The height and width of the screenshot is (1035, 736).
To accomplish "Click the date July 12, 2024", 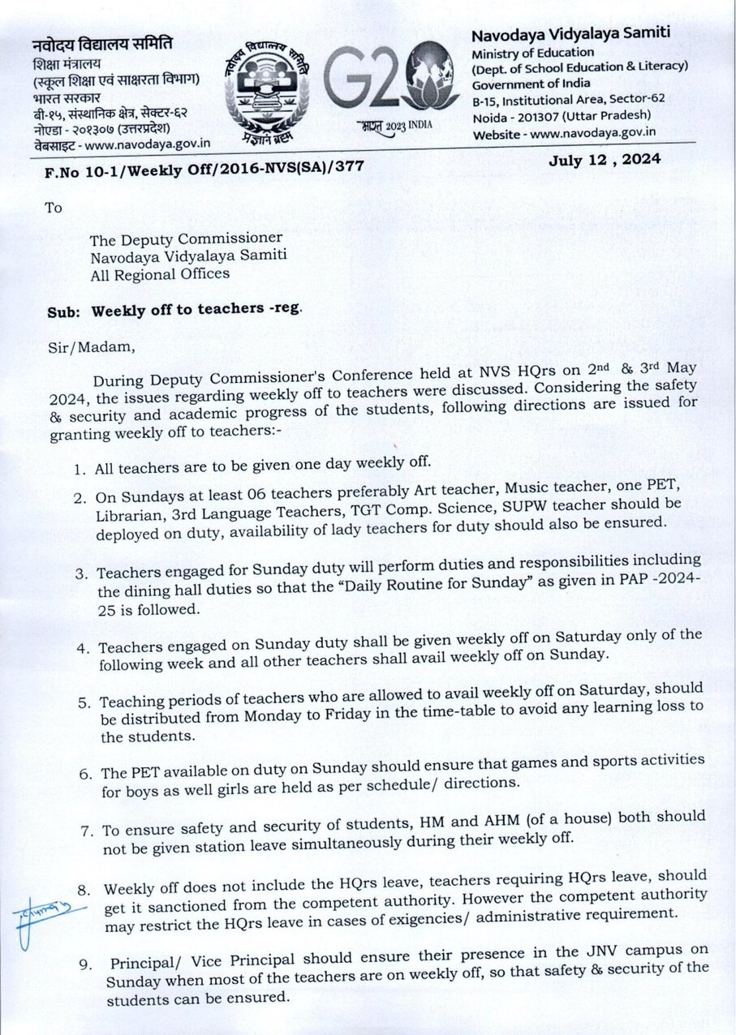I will coord(605,159).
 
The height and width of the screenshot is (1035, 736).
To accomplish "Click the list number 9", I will coord(84,964).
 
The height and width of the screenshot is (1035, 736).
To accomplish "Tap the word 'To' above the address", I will coord(54,208).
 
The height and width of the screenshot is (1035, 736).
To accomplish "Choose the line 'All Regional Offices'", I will coord(160,273).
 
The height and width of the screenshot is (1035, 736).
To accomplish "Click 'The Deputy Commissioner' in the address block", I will coord(186,238).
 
